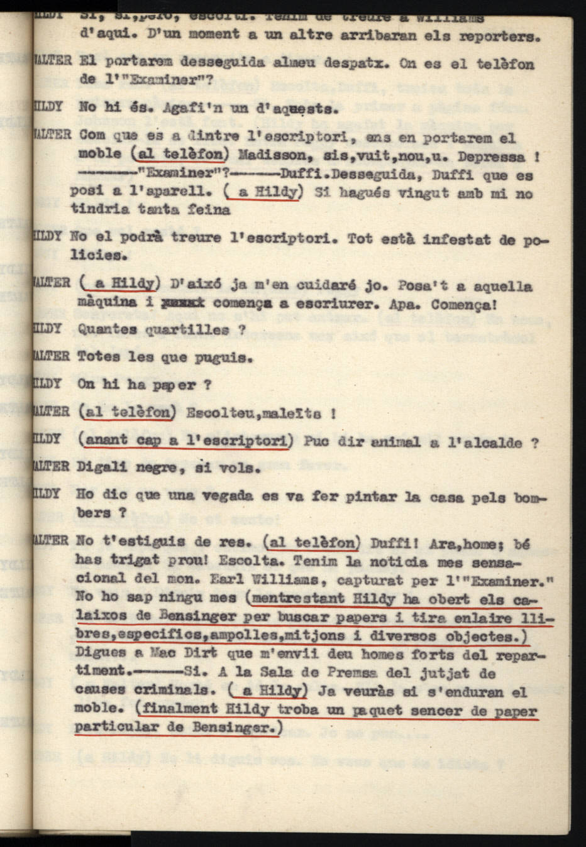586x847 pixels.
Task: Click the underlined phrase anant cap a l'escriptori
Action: (x=186, y=441)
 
